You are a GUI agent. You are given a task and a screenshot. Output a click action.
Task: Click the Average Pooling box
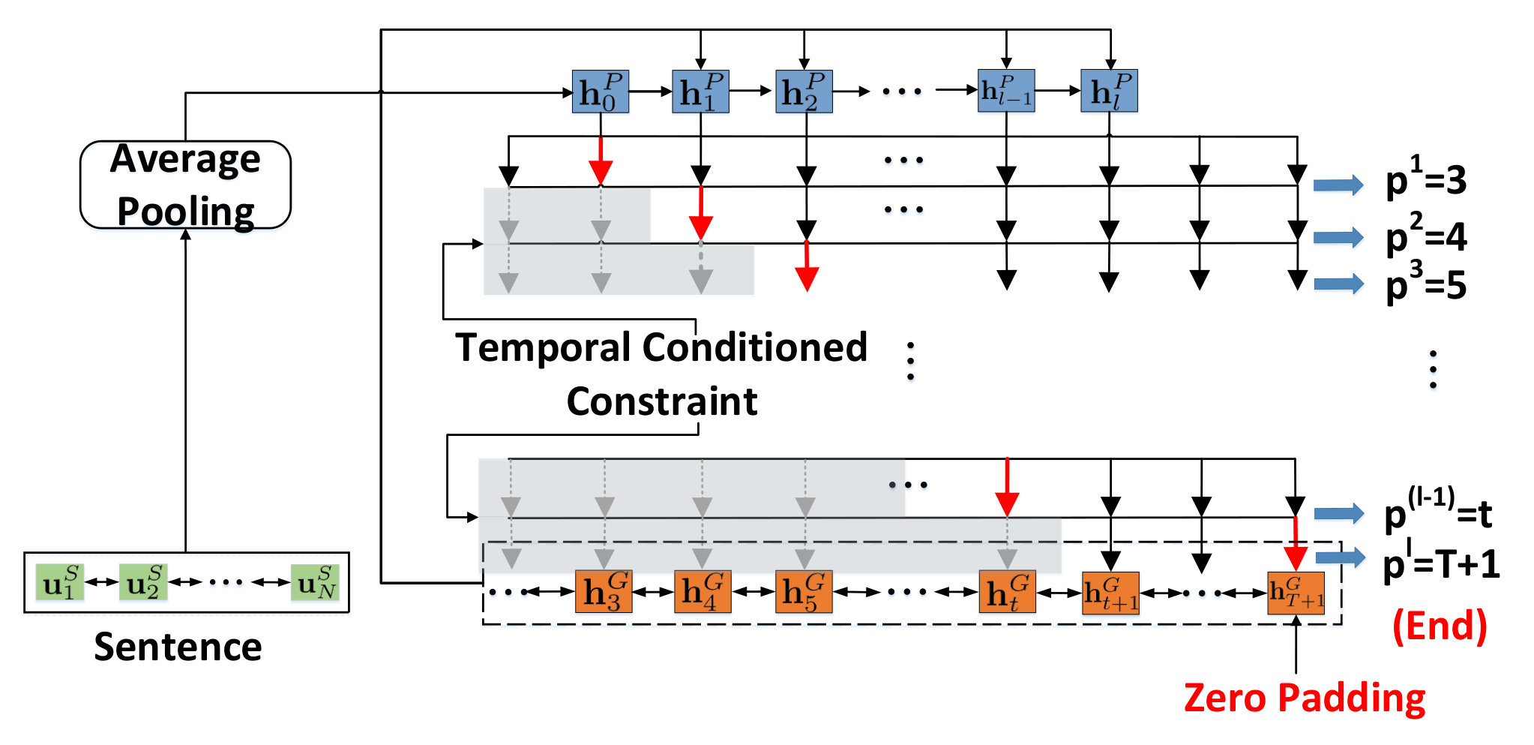click(x=185, y=185)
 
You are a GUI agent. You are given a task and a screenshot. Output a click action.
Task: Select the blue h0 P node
click(x=600, y=92)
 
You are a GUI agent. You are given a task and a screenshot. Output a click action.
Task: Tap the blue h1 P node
click(x=700, y=92)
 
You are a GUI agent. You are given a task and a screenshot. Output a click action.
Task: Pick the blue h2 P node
click(x=804, y=92)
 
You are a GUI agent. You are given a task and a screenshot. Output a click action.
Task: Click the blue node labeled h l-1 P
click(x=1006, y=91)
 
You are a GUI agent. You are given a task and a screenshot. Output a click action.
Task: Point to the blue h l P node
click(x=1109, y=91)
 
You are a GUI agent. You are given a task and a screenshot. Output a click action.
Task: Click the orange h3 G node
click(x=604, y=592)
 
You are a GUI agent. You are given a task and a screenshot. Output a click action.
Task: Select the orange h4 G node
click(x=703, y=592)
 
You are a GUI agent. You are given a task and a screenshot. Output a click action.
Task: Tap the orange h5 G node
click(x=804, y=592)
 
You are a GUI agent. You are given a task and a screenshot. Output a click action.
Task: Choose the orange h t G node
click(x=1008, y=592)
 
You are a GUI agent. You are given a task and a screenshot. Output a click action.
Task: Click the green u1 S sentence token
click(x=60, y=583)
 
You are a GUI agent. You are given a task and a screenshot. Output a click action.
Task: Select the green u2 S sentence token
click(x=143, y=583)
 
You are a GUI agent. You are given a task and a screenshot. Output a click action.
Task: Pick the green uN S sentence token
click(x=316, y=583)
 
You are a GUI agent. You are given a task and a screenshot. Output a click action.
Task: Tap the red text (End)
click(x=1440, y=626)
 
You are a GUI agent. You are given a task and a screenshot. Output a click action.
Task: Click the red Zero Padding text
click(x=1305, y=698)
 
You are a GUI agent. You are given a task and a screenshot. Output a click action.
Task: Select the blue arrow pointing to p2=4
click(x=1338, y=238)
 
